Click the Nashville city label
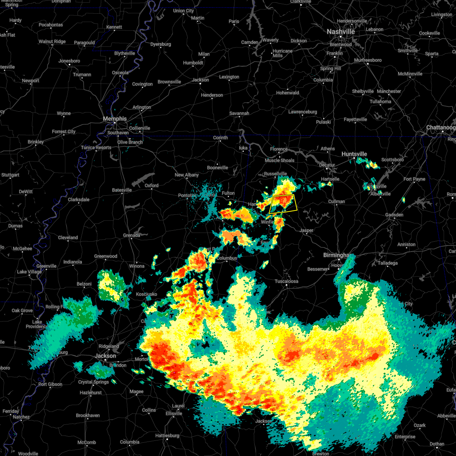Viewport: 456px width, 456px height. tap(340, 32)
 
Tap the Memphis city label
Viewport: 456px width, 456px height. tap(115, 119)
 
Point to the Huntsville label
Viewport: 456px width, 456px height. tap(354, 154)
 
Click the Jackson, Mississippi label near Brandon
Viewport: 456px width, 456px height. tap(105, 356)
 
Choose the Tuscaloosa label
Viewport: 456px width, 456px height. tap(287, 282)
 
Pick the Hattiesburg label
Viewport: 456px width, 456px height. tap(167, 435)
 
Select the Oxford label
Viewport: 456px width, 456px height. tap(151, 185)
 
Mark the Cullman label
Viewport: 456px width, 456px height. tap(337, 201)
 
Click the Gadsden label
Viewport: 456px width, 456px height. tap(394, 215)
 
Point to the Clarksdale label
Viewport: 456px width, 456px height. tap(79, 199)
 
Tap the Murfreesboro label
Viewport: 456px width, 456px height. tap(367, 60)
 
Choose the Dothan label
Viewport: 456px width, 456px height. tap(437, 444)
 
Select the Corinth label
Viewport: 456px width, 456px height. tap(220, 138)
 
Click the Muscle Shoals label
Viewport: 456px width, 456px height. tap(279, 160)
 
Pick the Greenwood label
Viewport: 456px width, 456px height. tap(106, 256)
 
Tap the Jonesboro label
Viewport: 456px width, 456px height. tap(69, 61)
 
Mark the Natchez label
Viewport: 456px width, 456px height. tap(21, 417)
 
